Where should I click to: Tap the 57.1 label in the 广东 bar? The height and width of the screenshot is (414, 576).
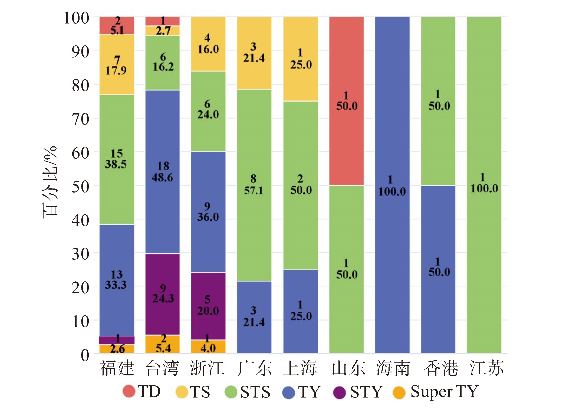254,191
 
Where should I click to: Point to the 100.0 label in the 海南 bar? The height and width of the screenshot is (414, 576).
392,192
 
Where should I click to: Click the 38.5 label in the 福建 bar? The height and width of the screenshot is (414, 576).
116,164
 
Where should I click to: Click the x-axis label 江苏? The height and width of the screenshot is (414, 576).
486,368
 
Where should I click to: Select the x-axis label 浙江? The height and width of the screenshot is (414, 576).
207,368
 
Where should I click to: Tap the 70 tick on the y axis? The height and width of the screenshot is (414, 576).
80,119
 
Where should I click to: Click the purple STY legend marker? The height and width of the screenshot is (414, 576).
340,392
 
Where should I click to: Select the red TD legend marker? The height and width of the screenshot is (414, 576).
129,391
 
